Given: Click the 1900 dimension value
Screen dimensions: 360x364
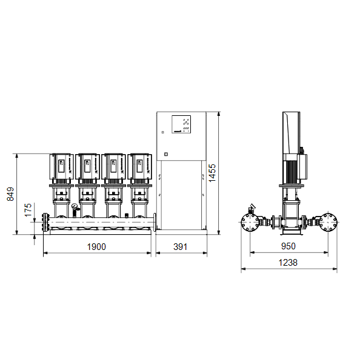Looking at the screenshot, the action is click(96, 246).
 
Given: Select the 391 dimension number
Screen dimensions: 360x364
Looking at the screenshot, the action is click(180, 246).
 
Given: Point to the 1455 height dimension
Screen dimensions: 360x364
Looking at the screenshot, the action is click(212, 173).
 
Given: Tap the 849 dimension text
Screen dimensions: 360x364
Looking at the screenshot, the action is click(10, 194).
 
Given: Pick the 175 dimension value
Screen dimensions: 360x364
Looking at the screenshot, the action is click(28, 210).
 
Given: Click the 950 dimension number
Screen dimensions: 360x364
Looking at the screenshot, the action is click(288, 246).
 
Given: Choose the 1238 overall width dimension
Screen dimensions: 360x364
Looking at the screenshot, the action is click(288, 263).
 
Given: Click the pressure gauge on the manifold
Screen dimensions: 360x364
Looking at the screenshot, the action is click(75, 206).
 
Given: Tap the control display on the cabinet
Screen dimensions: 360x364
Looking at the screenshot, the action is click(181, 124).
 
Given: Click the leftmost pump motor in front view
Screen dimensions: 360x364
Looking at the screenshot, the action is click(61, 166).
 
